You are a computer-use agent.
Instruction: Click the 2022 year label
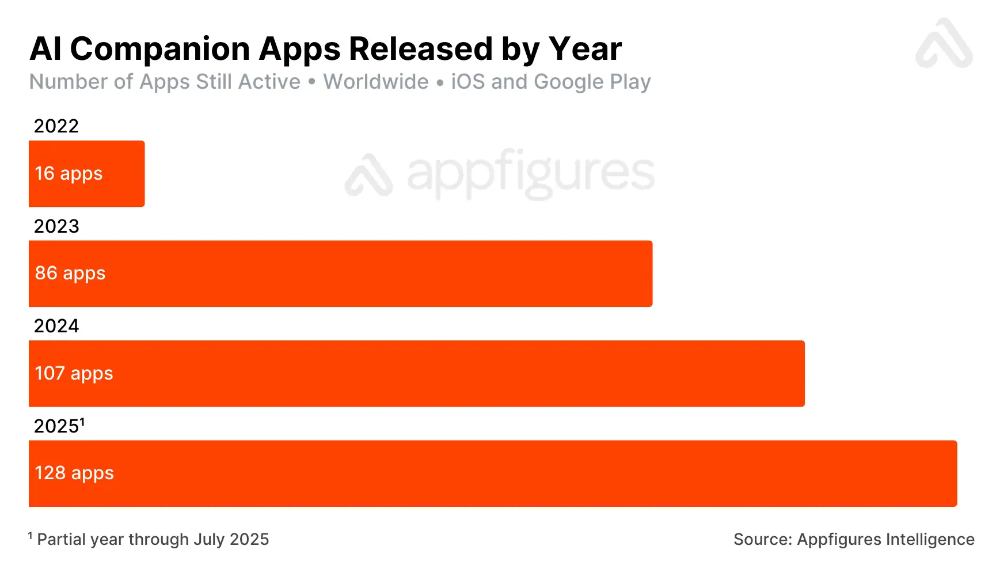[x=56, y=126]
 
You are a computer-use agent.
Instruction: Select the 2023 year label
[x=56, y=226]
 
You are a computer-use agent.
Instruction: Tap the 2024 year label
[x=56, y=326]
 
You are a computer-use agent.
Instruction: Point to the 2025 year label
[x=56, y=426]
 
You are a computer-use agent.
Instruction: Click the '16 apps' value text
[x=69, y=173]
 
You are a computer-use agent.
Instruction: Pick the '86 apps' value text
[x=70, y=273]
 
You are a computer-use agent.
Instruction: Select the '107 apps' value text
[x=74, y=373]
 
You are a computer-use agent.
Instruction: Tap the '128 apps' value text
[x=74, y=473]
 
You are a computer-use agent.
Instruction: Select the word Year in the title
[x=585, y=48]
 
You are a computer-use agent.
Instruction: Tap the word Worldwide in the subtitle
[x=376, y=82]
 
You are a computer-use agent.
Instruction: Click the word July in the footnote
[x=209, y=540]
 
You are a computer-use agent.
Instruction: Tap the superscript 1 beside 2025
[x=82, y=422]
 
